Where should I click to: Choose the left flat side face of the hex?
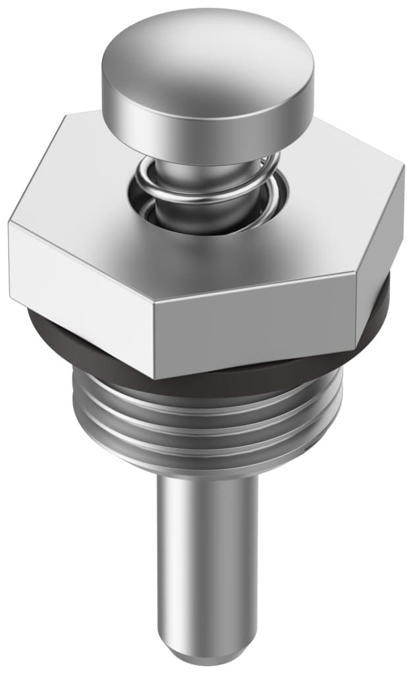(79, 290)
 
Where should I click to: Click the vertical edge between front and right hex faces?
(357, 309)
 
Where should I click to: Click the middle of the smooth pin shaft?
(207, 559)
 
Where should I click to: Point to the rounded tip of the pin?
(207, 648)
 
